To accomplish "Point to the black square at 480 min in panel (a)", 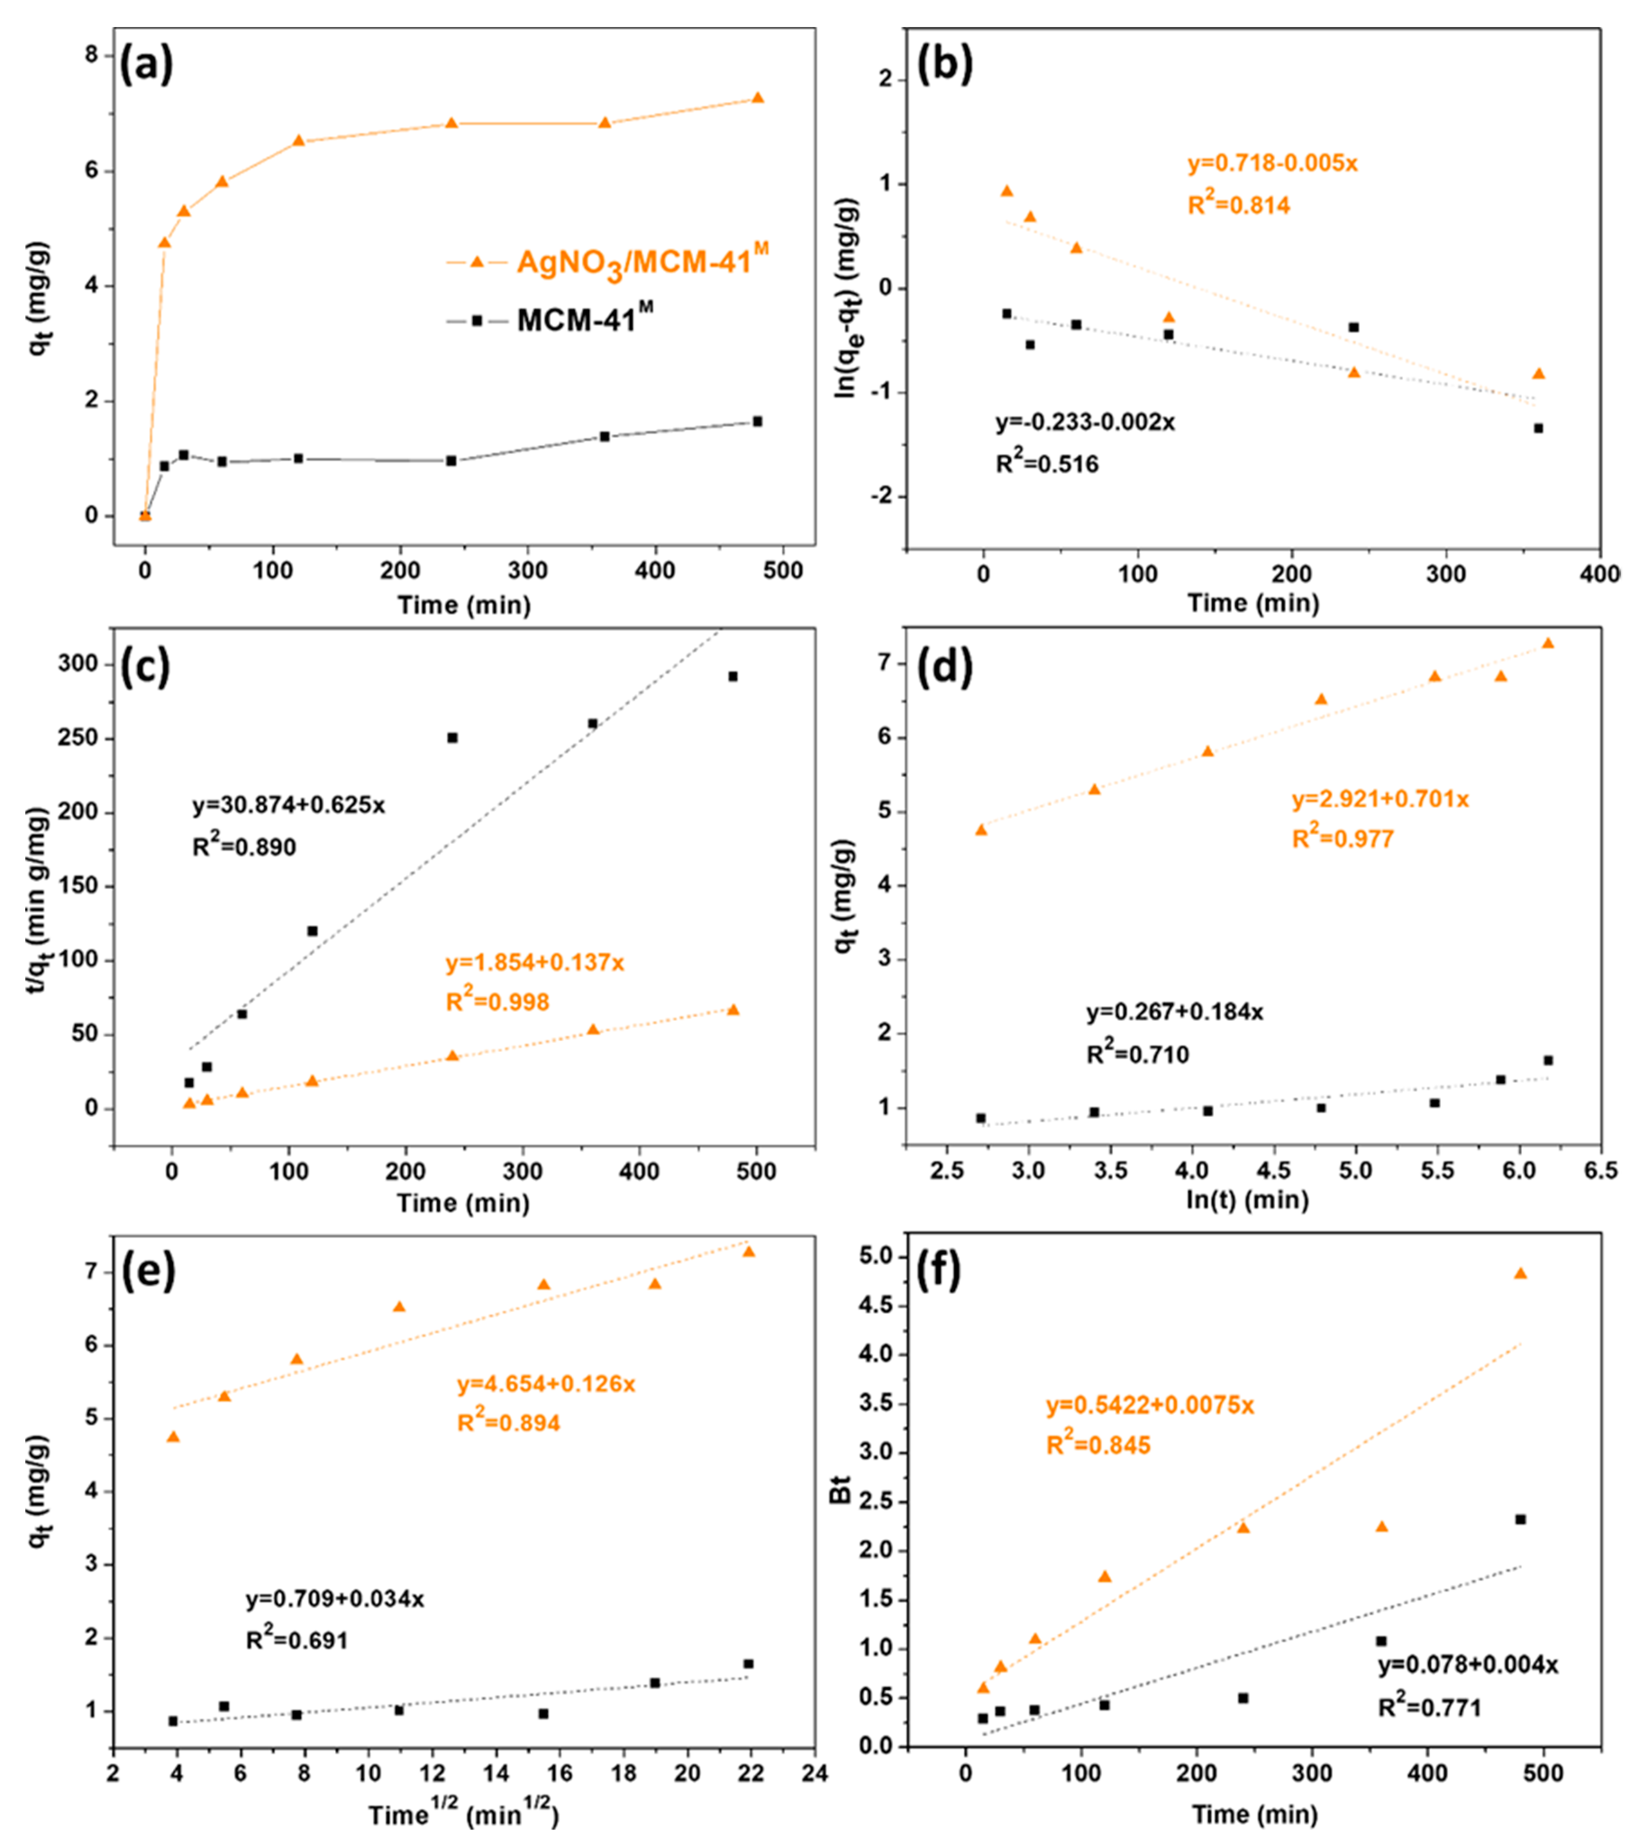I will coord(757,421).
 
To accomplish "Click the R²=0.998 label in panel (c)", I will coord(498,1001).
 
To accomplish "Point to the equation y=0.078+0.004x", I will coord(1467,1665).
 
